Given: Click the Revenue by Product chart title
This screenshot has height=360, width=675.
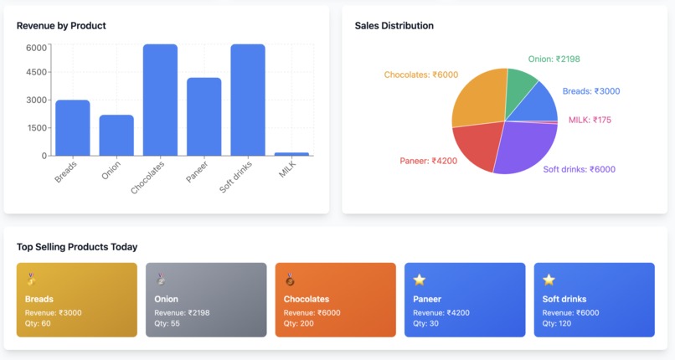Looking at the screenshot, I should tap(61, 26).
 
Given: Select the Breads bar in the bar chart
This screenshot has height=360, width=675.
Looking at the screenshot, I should tap(73, 128).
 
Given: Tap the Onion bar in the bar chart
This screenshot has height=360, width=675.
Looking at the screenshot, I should tap(116, 136).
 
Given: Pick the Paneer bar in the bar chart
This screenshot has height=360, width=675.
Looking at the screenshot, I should tap(204, 117).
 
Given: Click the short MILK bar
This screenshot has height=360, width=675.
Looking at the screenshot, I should tap(291, 154).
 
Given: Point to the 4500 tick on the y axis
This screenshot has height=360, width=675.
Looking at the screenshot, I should tap(37, 72).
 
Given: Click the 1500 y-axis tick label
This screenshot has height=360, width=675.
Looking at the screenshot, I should tap(37, 127).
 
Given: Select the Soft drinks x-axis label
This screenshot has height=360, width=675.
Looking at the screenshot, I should tap(236, 177).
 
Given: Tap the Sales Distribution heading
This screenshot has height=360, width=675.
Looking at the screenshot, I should tap(394, 26).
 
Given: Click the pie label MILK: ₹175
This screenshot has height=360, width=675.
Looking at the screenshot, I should tap(590, 120).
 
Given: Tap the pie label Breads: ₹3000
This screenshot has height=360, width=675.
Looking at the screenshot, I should tap(591, 91).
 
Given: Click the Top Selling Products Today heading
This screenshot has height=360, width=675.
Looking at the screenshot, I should tap(77, 247).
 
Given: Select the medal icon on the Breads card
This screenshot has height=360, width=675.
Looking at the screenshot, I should tap(31, 280).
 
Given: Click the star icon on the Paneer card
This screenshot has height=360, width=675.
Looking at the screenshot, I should tap(420, 280).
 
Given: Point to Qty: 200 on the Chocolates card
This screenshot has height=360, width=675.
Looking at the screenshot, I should tap(299, 323).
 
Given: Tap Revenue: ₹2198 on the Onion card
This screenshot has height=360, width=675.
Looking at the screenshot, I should tap(182, 312).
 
